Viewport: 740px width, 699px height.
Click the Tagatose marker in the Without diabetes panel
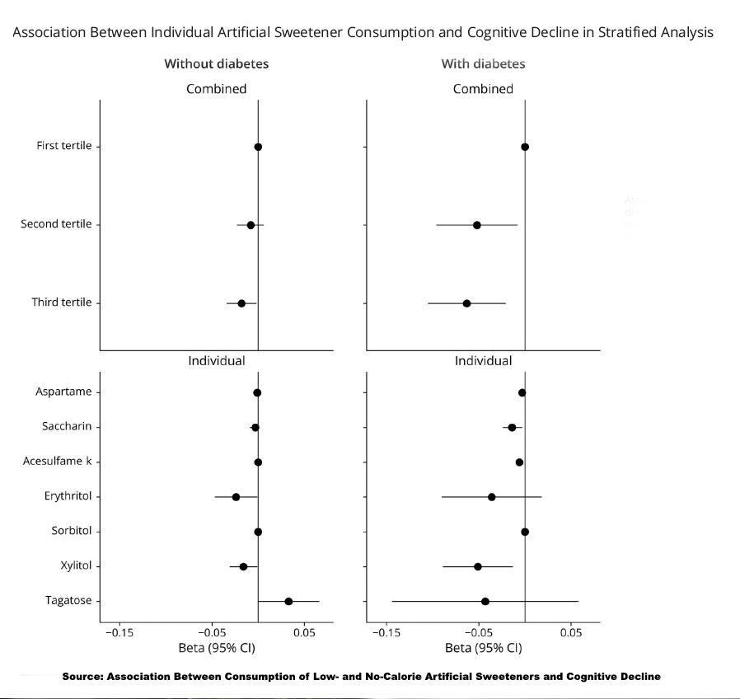(x=288, y=601)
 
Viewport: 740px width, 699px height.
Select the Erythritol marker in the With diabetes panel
(x=492, y=497)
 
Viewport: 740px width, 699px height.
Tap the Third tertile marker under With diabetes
(x=466, y=303)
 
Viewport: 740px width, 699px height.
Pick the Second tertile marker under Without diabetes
(x=251, y=225)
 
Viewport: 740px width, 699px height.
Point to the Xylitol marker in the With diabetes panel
(x=478, y=566)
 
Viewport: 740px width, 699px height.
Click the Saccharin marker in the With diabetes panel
(x=512, y=427)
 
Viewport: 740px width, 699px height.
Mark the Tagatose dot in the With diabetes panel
(x=485, y=601)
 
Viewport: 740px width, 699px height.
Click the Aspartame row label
(x=63, y=392)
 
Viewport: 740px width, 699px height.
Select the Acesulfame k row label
(x=57, y=462)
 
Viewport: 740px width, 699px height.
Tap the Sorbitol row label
(x=71, y=531)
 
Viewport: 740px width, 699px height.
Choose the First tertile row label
(x=63, y=147)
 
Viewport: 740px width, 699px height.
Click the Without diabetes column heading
(x=216, y=63)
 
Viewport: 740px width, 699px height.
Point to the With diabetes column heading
(x=483, y=63)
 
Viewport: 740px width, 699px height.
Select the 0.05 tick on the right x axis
(x=570, y=632)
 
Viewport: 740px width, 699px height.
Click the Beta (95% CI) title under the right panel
(x=483, y=648)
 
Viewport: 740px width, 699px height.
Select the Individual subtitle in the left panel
(x=216, y=361)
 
